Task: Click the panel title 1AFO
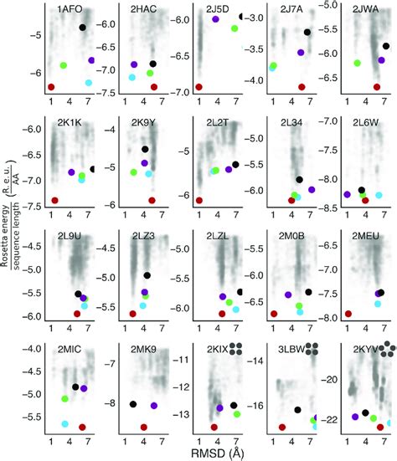tap(70, 9)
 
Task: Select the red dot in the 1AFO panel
tap(52, 86)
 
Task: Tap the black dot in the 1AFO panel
tap(82, 28)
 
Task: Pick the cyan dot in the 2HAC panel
tap(131, 77)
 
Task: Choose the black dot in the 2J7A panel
tap(307, 32)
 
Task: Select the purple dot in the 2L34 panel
tap(312, 190)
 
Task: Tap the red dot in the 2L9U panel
tap(77, 314)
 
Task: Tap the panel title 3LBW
tap(291, 349)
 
